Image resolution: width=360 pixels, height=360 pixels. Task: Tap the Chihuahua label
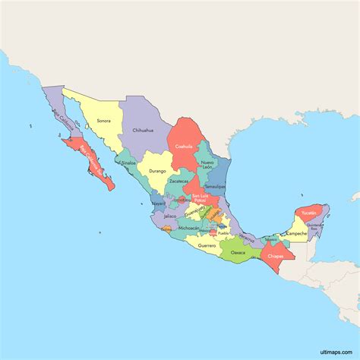tap(144, 130)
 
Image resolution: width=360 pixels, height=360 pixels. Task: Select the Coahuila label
tap(184, 146)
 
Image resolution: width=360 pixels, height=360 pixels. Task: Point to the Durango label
tap(157, 171)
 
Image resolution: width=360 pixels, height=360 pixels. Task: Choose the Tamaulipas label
tap(215, 186)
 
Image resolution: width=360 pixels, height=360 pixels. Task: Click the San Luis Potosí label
tap(200, 199)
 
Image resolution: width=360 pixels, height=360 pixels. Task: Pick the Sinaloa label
tap(128, 163)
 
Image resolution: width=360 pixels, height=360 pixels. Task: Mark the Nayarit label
tap(158, 204)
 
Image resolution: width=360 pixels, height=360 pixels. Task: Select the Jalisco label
tap(169, 216)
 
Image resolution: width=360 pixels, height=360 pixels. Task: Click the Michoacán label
tap(189, 228)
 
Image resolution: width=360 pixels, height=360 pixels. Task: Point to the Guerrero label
tap(207, 245)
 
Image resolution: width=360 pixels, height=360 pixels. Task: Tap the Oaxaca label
tap(238, 251)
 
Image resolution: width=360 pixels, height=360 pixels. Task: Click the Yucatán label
tap(308, 213)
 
